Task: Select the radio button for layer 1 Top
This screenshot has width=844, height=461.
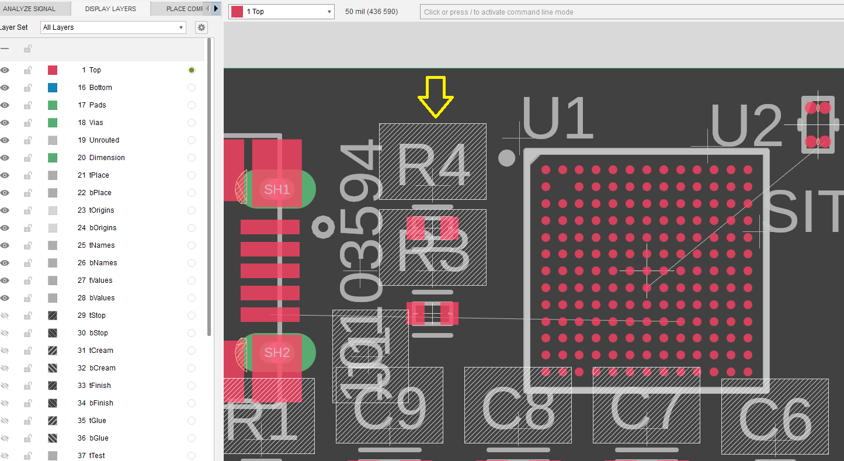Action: coord(192,70)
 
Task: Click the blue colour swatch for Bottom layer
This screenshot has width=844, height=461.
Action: coord(53,88)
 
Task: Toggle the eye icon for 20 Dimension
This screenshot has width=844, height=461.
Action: coord(5,158)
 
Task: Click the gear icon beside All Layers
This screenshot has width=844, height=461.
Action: coord(201,27)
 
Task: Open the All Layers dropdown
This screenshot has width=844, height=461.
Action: coord(113,27)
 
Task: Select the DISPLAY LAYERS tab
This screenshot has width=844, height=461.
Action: coord(110,9)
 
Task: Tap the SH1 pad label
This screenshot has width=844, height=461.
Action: coord(277,189)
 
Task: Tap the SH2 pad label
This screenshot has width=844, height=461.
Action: coord(277,352)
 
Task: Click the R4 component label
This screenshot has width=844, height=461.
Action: coord(433,164)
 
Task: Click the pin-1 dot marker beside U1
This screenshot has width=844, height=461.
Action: coord(507,158)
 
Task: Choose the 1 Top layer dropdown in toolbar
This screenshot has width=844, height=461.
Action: coord(282,12)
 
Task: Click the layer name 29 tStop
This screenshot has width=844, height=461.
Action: coord(97,316)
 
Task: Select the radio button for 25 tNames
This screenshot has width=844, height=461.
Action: coord(192,245)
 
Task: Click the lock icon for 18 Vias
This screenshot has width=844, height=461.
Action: coord(27,123)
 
